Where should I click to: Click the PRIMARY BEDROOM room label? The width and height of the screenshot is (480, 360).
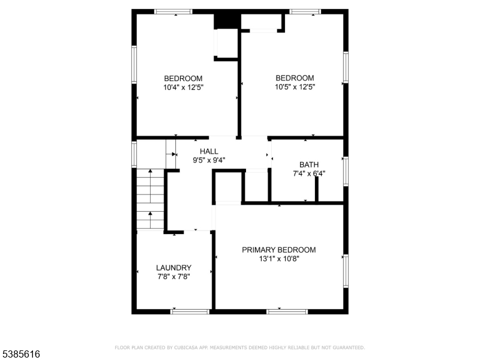pyautogui.click(x=279, y=250)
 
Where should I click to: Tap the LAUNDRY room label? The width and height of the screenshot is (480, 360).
pyautogui.click(x=173, y=268)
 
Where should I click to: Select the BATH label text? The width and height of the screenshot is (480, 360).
pyautogui.click(x=309, y=164)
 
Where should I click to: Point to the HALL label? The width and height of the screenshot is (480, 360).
pyautogui.click(x=209, y=151)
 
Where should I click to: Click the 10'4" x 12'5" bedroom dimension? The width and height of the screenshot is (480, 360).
pyautogui.click(x=184, y=88)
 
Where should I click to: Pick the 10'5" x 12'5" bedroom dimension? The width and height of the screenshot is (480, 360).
pyautogui.click(x=295, y=87)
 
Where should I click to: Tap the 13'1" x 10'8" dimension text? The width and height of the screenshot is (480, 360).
pyautogui.click(x=279, y=259)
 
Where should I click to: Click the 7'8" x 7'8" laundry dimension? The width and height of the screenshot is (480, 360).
pyautogui.click(x=173, y=277)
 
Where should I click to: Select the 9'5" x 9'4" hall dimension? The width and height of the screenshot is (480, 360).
pyautogui.click(x=209, y=160)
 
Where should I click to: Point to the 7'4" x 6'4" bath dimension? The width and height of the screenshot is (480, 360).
pyautogui.click(x=309, y=173)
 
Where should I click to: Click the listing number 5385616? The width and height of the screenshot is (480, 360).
pyautogui.click(x=20, y=354)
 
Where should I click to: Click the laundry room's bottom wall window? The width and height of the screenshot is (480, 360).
pyautogui.click(x=190, y=311)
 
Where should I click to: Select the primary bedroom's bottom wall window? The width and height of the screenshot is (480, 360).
pyautogui.click(x=287, y=311)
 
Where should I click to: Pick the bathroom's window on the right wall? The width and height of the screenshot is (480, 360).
pyautogui.click(x=346, y=172)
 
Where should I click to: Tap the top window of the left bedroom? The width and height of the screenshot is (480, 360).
pyautogui.click(x=173, y=11)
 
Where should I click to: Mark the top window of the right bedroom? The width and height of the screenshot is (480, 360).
pyautogui.click(x=305, y=11)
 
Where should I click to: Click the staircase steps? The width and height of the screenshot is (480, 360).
pyautogui.click(x=150, y=199)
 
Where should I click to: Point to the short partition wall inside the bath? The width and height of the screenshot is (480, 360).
pyautogui.click(x=317, y=189)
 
